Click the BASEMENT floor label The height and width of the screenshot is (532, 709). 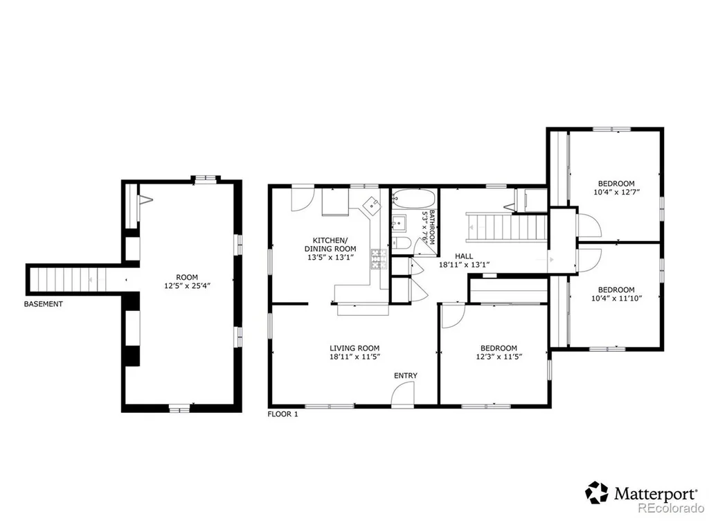pos(44,304)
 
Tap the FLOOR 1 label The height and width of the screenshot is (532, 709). pos(282,414)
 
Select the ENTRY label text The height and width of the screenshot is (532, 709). pos(406,375)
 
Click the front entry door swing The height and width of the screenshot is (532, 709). pos(402,393)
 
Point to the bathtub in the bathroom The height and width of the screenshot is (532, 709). pos(414,198)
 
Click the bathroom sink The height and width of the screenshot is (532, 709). pos(400,223)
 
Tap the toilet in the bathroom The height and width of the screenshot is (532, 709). pos(400,243)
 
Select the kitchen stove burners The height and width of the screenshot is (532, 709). pos(379,259)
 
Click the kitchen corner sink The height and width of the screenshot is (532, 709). pos(373,206)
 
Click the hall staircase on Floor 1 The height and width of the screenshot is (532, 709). pos(507,227)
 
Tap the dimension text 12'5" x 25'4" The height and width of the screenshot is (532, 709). pos(187,285)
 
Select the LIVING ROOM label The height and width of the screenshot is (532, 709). pos(354,348)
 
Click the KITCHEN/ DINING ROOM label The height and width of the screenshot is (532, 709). pos(330,245)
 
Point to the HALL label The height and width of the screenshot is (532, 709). pos(464,256)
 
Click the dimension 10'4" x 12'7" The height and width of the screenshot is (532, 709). pos(616,192)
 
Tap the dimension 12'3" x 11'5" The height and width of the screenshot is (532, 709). pos(499,357)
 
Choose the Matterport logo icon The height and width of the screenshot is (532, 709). pos(596,493)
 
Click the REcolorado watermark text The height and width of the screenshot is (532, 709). pos(671,508)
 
